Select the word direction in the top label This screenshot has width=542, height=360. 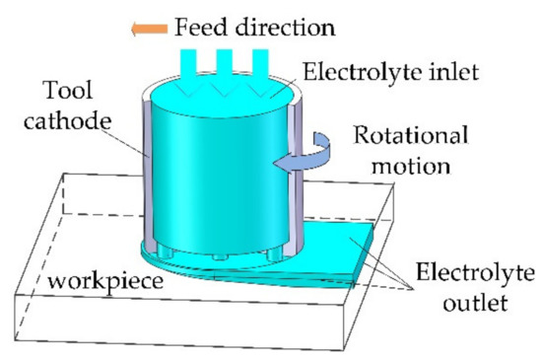290,27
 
